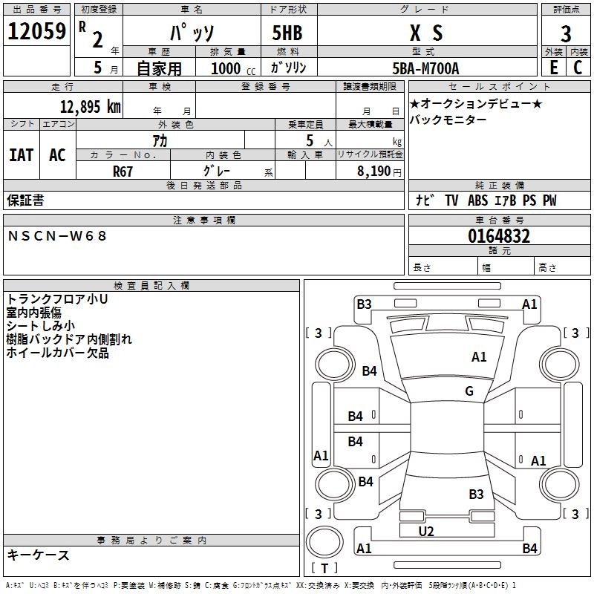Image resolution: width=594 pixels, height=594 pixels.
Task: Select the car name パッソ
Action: click(x=192, y=33)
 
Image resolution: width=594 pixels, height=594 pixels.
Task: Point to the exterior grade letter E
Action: click(x=553, y=68)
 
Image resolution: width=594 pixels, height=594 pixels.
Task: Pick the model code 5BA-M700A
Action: click(x=425, y=68)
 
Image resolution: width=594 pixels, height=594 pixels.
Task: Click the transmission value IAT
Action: click(x=22, y=154)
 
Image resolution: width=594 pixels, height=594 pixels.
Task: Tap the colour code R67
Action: click(x=123, y=171)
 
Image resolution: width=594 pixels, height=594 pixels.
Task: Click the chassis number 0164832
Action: click(x=499, y=237)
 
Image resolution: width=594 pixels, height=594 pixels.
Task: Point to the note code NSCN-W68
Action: click(x=57, y=235)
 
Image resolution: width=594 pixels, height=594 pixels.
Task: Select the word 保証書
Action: click(x=25, y=200)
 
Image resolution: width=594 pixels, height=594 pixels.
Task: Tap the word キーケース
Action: click(x=38, y=555)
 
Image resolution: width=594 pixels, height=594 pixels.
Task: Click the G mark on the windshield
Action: click(x=469, y=391)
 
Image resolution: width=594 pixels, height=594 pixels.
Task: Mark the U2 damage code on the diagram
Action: click(x=425, y=531)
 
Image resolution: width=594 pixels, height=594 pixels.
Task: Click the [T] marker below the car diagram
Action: click(x=324, y=568)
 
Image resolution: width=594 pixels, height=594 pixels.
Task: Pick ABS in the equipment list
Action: click(x=478, y=200)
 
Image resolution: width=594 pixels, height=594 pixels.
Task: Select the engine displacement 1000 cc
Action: click(x=232, y=68)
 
